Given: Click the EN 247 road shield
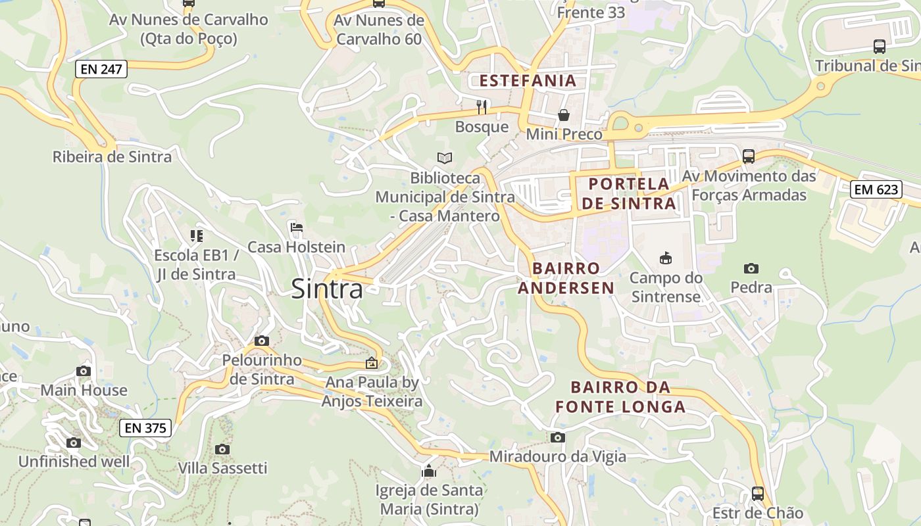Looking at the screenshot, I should [101, 68].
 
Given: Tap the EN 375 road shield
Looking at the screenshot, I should [145, 428].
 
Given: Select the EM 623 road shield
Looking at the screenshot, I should [875, 190].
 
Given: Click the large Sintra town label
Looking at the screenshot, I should [326, 289].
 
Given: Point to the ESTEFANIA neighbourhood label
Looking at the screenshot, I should [528, 81].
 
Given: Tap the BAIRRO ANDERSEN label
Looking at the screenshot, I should [566, 277].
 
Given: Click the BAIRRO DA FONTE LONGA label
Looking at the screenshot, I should [620, 396].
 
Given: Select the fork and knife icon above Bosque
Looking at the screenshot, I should [482, 107].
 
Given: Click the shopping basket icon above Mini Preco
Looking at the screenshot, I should [564, 115].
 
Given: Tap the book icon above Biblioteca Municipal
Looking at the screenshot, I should [445, 158].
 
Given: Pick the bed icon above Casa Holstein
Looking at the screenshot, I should [296, 227].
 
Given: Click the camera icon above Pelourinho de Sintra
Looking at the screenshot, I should [262, 341].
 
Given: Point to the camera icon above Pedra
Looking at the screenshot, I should [751, 268].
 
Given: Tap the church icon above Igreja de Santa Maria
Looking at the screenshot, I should [429, 471].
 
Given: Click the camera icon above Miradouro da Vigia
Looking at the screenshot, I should [557, 437].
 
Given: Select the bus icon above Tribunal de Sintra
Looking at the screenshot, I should [879, 46].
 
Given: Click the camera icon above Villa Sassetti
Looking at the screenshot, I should [222, 449].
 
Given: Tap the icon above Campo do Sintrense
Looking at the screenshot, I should [666, 258].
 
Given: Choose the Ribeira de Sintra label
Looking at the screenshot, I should [112, 156].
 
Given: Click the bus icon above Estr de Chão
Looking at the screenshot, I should [758, 493].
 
